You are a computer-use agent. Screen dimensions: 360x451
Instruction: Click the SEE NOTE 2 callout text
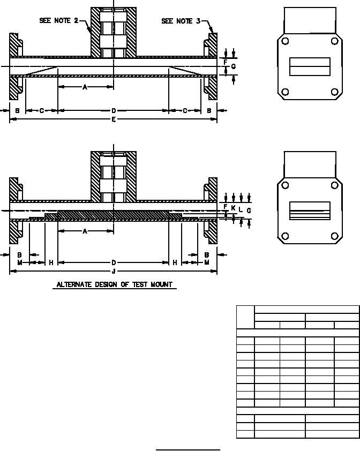(x=59, y=20)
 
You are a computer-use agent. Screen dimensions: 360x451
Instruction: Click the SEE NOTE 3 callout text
(x=181, y=21)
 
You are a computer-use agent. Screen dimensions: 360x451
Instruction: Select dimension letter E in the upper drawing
(x=114, y=119)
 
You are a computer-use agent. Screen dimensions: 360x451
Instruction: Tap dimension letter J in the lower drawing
(x=114, y=271)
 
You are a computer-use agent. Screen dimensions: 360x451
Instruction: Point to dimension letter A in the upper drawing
(x=85, y=87)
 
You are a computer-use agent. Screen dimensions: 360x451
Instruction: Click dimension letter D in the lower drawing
(x=114, y=262)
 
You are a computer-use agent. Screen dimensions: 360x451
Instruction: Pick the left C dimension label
(x=42, y=111)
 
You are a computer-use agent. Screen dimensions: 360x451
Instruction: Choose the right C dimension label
(x=185, y=111)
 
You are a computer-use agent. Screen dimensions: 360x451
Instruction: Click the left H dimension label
(x=51, y=262)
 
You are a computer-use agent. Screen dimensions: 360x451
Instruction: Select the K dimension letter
(x=233, y=208)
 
